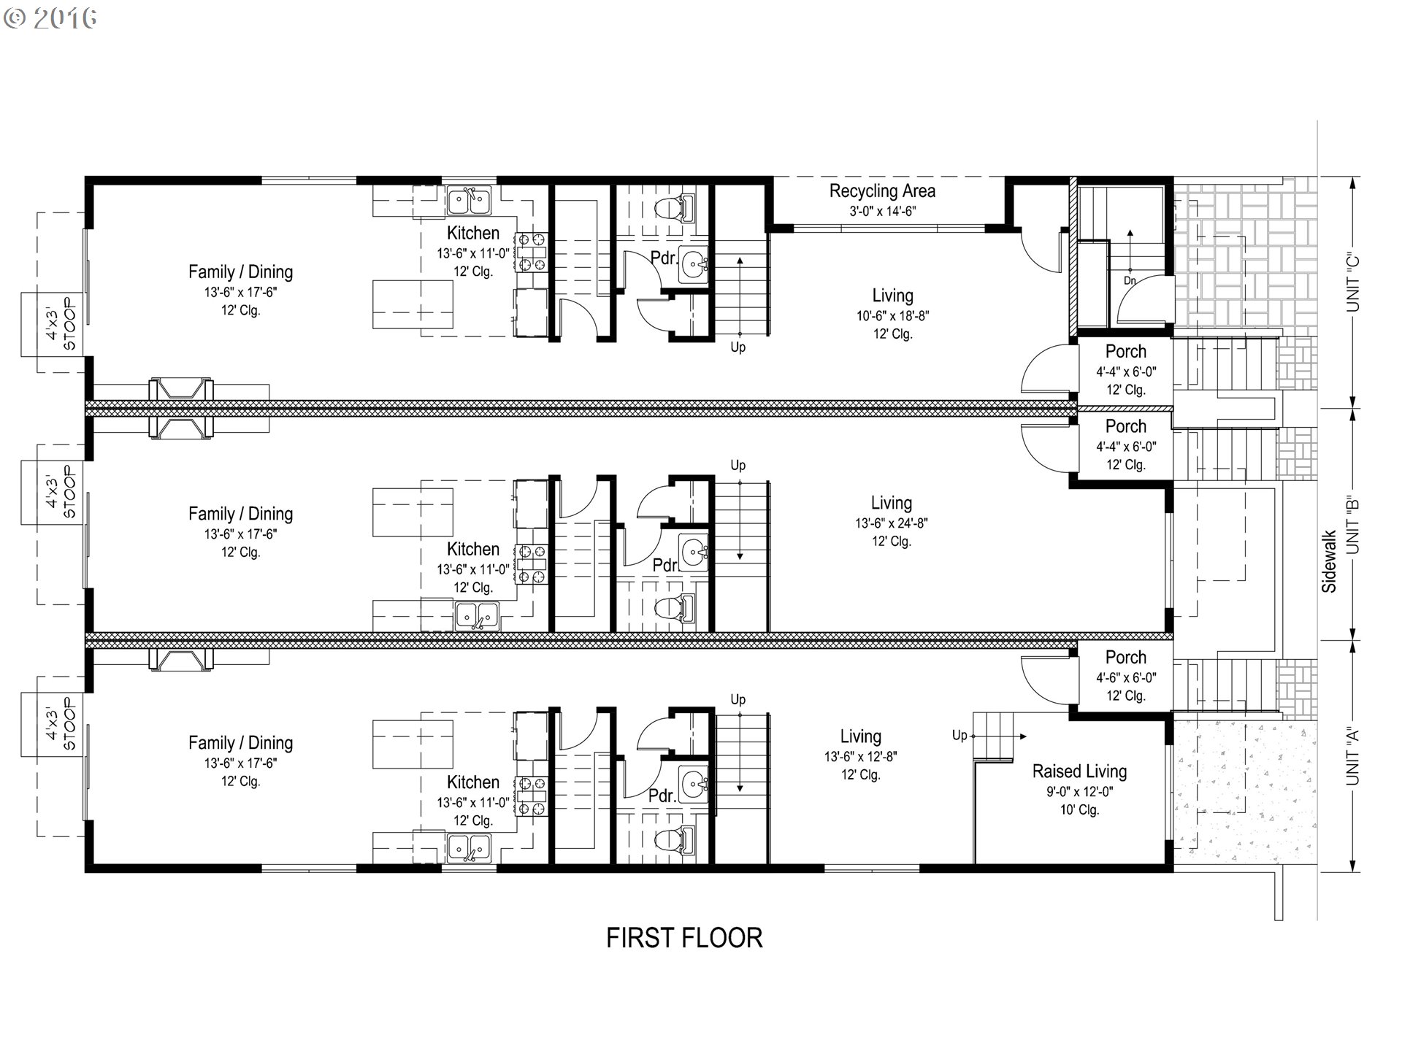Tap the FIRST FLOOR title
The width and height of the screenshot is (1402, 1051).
(684, 938)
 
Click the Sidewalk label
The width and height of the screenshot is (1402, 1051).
(1329, 561)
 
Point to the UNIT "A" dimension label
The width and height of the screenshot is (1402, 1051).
(1353, 755)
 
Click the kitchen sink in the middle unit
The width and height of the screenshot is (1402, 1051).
(477, 615)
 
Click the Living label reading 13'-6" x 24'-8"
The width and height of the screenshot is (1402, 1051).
(892, 521)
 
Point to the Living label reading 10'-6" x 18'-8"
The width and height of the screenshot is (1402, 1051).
(892, 314)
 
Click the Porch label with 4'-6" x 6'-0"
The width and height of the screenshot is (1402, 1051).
(1125, 676)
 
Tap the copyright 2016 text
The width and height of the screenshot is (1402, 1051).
(50, 18)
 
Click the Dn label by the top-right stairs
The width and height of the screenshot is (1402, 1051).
(1130, 280)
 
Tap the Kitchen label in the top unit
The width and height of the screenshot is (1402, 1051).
(473, 234)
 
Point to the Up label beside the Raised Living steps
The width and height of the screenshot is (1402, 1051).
(959, 735)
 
